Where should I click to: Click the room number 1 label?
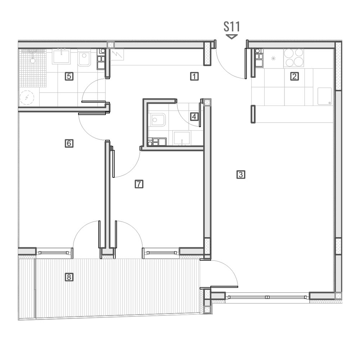[194, 76]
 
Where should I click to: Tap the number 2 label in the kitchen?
[294, 76]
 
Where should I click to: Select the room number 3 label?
[240, 175]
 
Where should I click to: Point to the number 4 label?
[194, 117]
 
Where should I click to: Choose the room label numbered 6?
[69, 143]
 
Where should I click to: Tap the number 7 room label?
[139, 184]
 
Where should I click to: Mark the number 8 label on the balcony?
[69, 277]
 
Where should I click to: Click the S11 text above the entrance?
[231, 27]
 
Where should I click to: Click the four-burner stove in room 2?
[293, 58]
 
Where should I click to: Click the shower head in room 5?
[33, 60]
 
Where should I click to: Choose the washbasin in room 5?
[61, 56]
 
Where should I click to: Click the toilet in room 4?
[158, 120]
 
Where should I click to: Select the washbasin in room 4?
[182, 138]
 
